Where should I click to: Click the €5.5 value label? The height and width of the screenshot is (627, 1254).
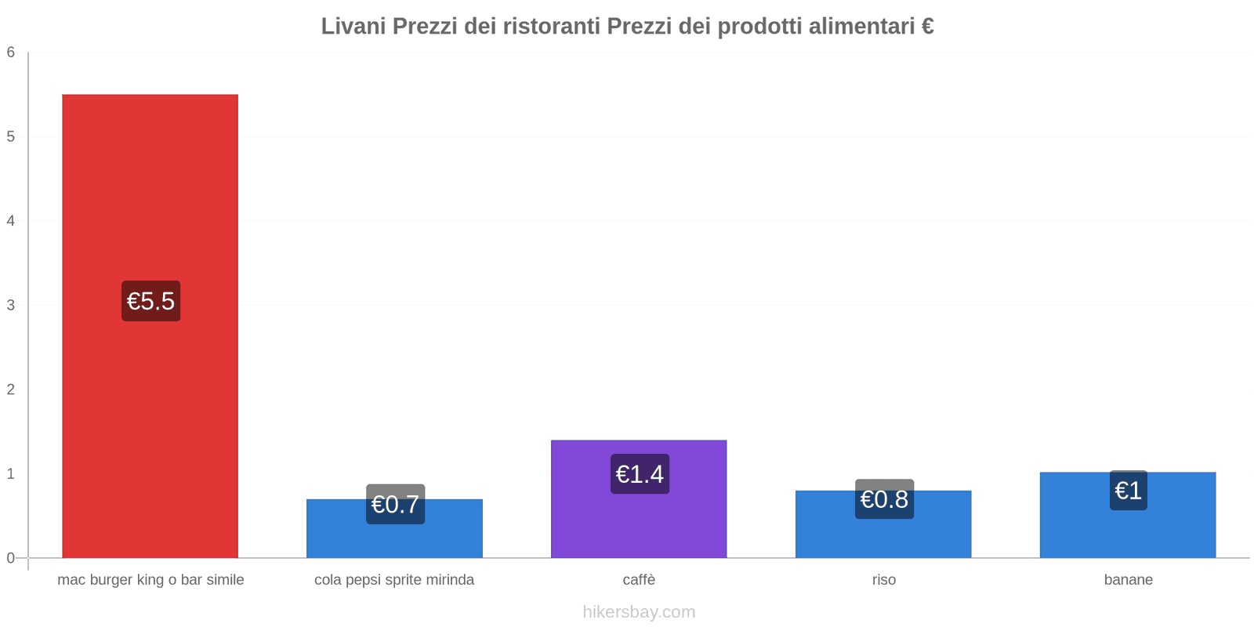[x=150, y=301]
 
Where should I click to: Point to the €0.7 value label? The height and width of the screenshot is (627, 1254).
[x=395, y=504]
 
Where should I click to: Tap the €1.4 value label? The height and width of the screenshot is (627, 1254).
[x=640, y=474]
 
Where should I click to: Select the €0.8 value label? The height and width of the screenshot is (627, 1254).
[x=884, y=499]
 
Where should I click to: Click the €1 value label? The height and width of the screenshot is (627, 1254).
[x=1128, y=491]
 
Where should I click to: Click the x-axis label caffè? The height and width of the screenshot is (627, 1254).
[x=639, y=580]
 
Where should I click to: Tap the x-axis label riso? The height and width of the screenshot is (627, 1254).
[x=883, y=580]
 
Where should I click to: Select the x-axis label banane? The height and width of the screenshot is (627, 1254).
[x=1128, y=580]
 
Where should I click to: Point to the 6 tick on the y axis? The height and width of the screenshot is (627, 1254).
[x=11, y=53]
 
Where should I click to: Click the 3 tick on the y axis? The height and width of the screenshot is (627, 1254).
[x=11, y=305]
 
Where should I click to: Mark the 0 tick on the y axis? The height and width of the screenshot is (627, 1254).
[x=11, y=558]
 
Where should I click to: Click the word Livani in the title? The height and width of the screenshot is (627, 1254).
[x=353, y=27]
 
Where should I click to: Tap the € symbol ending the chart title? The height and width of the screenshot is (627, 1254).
[x=927, y=27]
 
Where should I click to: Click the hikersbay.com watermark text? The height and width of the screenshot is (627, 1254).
[x=639, y=612]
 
